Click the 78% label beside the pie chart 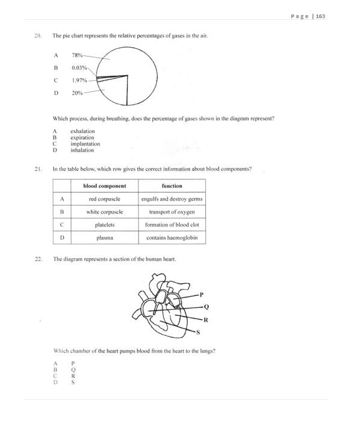77,55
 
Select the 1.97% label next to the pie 79,80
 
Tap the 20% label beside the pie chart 77,93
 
